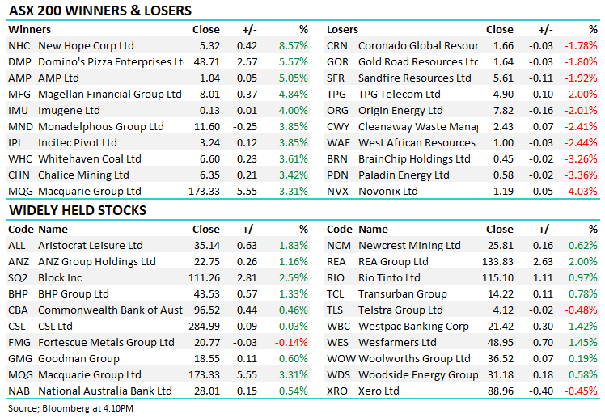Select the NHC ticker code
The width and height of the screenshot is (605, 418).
coord(19,46)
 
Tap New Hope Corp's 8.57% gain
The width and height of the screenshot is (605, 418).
coord(293,46)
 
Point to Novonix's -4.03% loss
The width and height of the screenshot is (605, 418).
coord(582,192)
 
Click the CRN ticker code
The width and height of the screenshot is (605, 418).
coord(337,46)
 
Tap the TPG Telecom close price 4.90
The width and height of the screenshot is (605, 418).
coord(501,95)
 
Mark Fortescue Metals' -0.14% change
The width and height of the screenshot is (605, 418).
coord(293,343)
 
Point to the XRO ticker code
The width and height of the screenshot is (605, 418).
coord(338,391)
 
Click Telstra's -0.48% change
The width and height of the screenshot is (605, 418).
coord(582,310)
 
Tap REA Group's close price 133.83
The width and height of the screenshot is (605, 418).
coord(497,262)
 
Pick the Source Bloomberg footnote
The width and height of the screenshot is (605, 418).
coord(71,408)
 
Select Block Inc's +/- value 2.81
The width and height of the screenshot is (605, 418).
coord(247,278)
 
